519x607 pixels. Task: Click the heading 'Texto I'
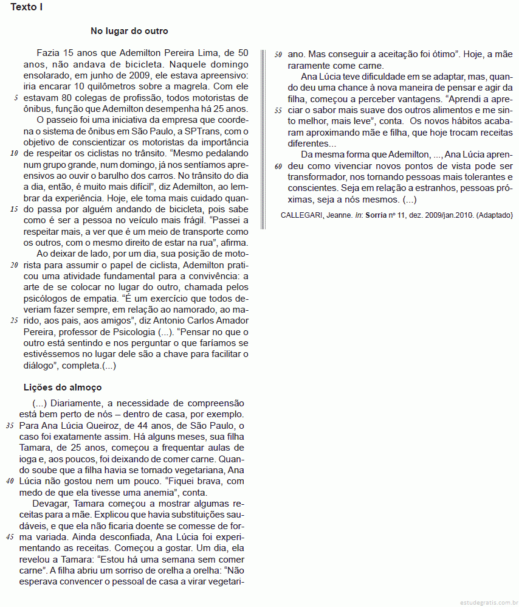pyautogui.click(x=26, y=8)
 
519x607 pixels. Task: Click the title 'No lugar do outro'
pyautogui.click(x=129, y=31)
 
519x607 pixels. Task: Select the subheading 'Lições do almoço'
pyautogui.click(x=63, y=387)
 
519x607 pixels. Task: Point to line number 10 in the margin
pyautogui.click(x=14, y=153)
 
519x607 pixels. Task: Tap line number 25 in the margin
pyautogui.click(x=14, y=321)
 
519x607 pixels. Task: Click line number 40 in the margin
pyautogui.click(x=10, y=481)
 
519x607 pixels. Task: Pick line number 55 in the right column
pyautogui.click(x=278, y=111)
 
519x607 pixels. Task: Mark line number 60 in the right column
pyautogui.click(x=278, y=166)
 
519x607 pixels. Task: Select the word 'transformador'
pyautogui.click(x=315, y=177)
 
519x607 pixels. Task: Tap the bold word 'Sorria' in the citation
pyautogui.click(x=376, y=215)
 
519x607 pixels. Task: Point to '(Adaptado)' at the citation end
pyautogui.click(x=495, y=215)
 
